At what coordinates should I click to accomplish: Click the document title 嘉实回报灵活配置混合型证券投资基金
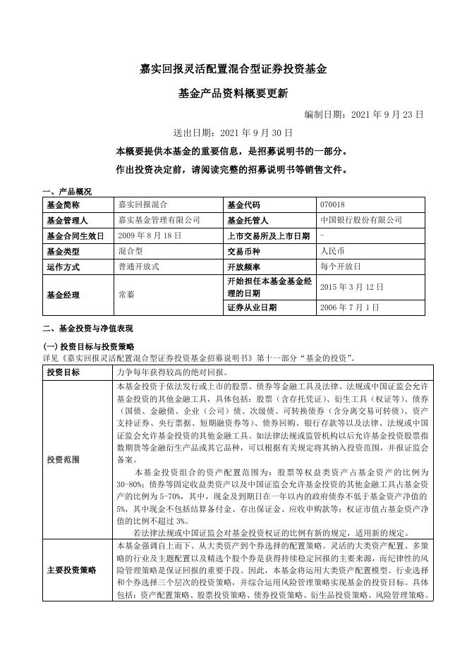pyautogui.click(x=233, y=70)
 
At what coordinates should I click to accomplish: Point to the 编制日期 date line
pyautogui.click(x=364, y=114)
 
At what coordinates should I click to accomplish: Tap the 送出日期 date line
pyautogui.click(x=233, y=133)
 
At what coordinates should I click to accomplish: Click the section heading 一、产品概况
pyautogui.click(x=67, y=192)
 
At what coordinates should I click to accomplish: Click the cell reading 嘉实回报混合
pyautogui.click(x=143, y=205)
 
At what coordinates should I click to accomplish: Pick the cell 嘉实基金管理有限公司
pyautogui.click(x=159, y=221)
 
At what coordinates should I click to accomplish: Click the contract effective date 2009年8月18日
pyautogui.click(x=150, y=236)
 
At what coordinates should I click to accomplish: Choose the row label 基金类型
pyautogui.click(x=63, y=252)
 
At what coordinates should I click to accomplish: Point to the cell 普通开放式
pyautogui.click(x=139, y=267)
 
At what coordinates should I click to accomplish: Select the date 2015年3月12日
pyautogui.click(x=351, y=287)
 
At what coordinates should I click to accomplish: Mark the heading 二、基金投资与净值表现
pyautogui.click(x=88, y=329)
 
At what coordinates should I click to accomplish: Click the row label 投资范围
pyautogui.click(x=63, y=459)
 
